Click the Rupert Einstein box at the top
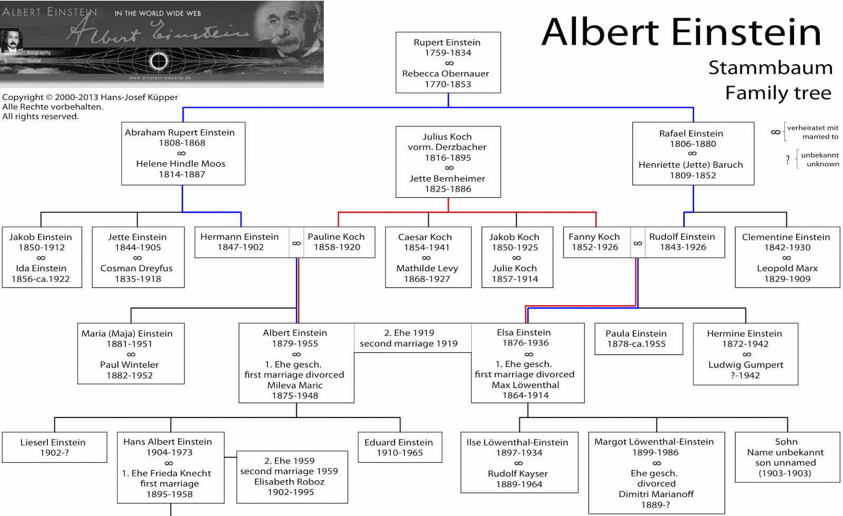coord(448,63)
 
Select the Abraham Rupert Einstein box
coord(183,153)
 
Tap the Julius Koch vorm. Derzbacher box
coord(448,162)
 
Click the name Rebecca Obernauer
coord(446,73)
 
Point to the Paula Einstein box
coord(639,339)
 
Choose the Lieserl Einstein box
coord(55,447)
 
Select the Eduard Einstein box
coord(400,447)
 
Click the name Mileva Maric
coord(295,385)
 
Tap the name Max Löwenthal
coord(525,385)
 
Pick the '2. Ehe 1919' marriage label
coord(409,333)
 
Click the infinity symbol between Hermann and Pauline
coord(297,243)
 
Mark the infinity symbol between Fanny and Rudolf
coord(638,243)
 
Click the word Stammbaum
coord(770,68)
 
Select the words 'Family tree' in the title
coord(778,93)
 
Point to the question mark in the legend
coord(788,160)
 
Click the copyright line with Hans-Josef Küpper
coord(90,97)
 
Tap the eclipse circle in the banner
coord(159,61)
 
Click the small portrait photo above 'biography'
coord(11,41)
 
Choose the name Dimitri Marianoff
coord(656,494)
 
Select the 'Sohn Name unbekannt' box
coord(787,457)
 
